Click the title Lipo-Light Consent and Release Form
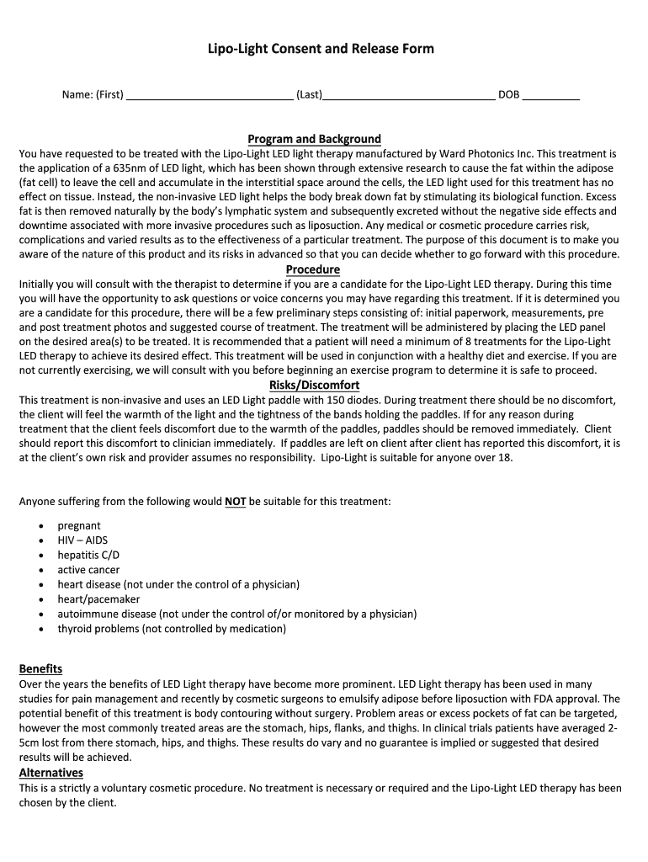(321, 49)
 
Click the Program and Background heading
(314, 139)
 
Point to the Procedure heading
(313, 269)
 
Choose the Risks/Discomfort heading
(314, 385)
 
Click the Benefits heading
(40, 668)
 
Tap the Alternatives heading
(50, 773)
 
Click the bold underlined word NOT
(236, 502)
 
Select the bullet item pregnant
(79, 526)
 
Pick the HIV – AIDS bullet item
(82, 540)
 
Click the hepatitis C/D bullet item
(88, 555)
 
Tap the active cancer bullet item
(88, 570)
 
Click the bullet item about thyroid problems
(172, 629)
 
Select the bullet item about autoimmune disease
(236, 614)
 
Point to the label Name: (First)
(93, 95)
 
